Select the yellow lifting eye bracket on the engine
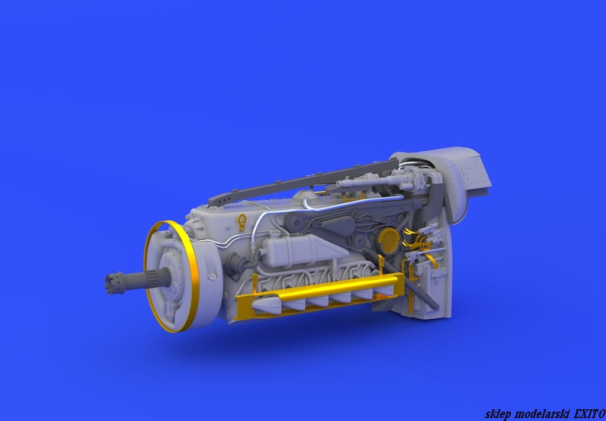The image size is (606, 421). (x=242, y=222)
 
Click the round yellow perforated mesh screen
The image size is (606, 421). (x=388, y=238)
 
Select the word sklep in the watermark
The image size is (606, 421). (x=498, y=414)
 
